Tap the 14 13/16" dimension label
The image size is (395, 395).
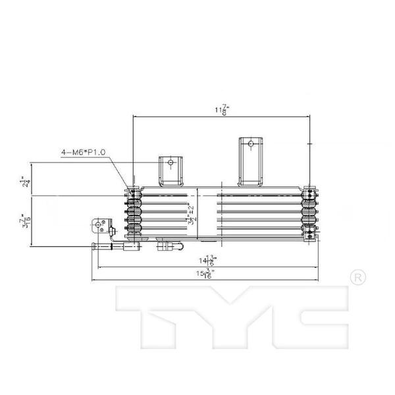tap(212, 260)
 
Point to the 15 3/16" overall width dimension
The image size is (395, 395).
tap(212, 274)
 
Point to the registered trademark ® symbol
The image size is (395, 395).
tap(355, 277)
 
